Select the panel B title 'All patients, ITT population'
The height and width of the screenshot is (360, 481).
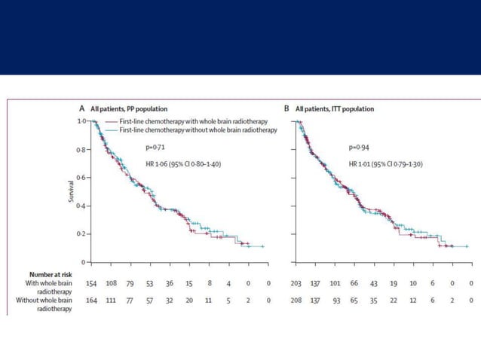(332, 109)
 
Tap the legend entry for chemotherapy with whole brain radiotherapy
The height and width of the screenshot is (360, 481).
(189, 121)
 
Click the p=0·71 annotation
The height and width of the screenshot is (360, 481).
(155, 150)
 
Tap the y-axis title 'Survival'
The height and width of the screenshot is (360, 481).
(70, 191)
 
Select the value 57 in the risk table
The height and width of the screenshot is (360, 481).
(149, 300)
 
